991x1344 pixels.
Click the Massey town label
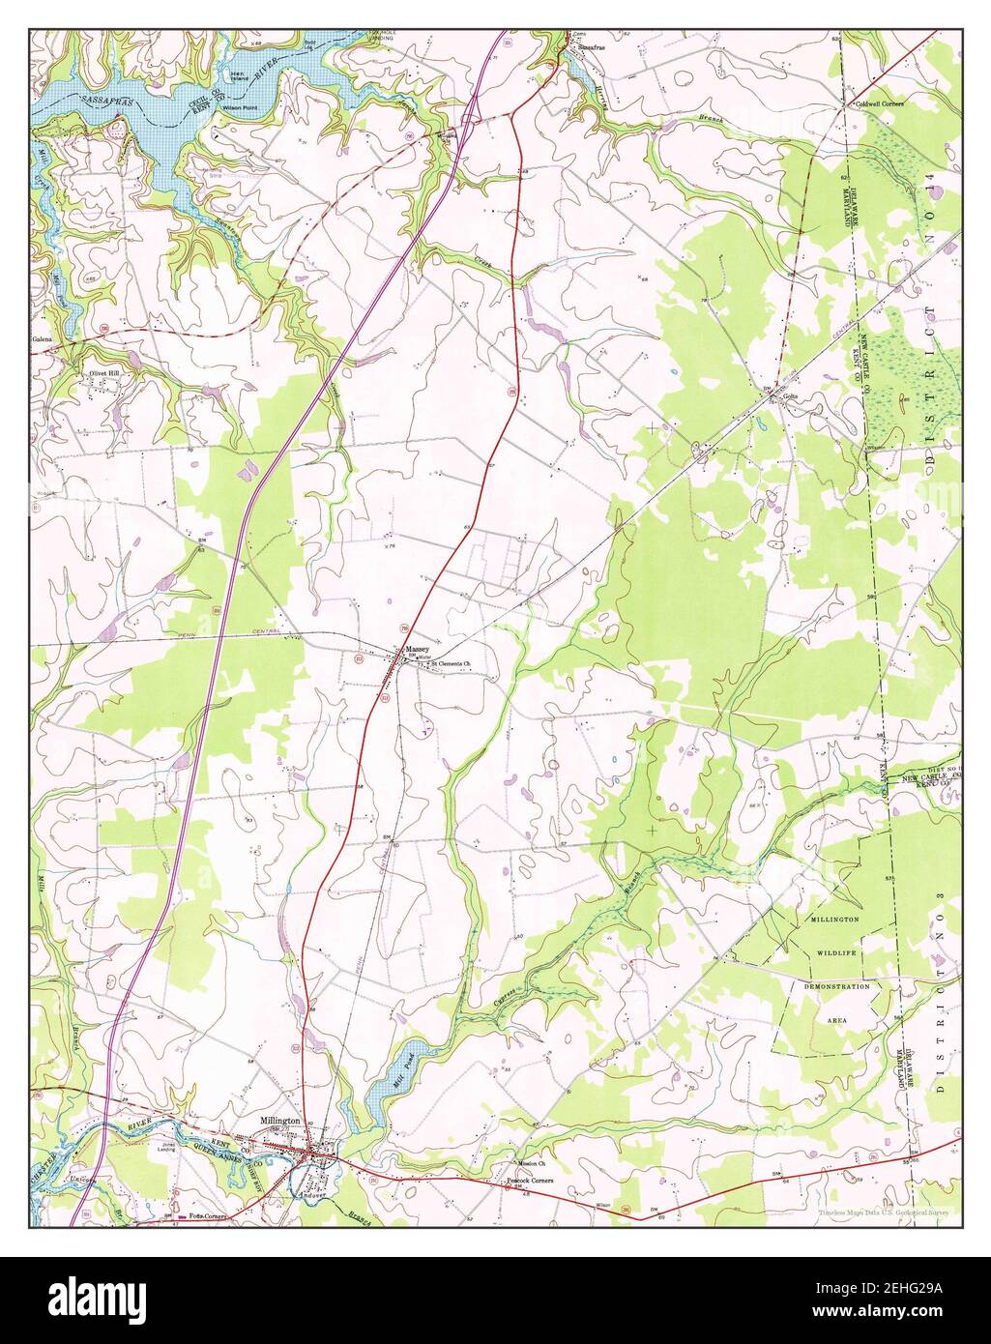click(x=417, y=649)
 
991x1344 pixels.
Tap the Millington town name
click(x=281, y=1120)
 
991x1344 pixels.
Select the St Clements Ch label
click(x=450, y=664)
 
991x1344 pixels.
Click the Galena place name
click(x=41, y=340)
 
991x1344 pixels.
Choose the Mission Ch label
click(x=532, y=1163)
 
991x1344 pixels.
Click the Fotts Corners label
click(x=207, y=1215)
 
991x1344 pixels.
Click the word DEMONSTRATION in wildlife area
click(x=837, y=986)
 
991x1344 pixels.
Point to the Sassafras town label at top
click(x=592, y=46)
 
